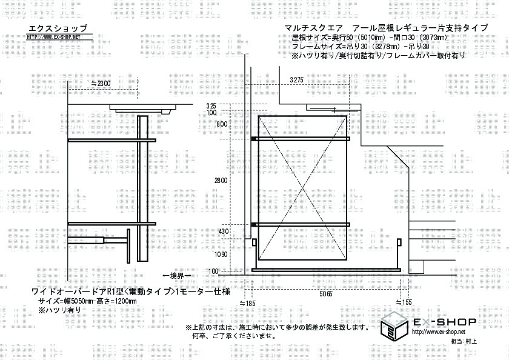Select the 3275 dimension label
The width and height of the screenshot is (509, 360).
tap(297, 80)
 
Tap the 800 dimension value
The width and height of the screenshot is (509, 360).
tap(222, 124)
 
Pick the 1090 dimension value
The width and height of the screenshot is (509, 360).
tap(221, 255)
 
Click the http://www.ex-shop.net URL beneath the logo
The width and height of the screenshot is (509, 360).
tap(439, 332)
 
